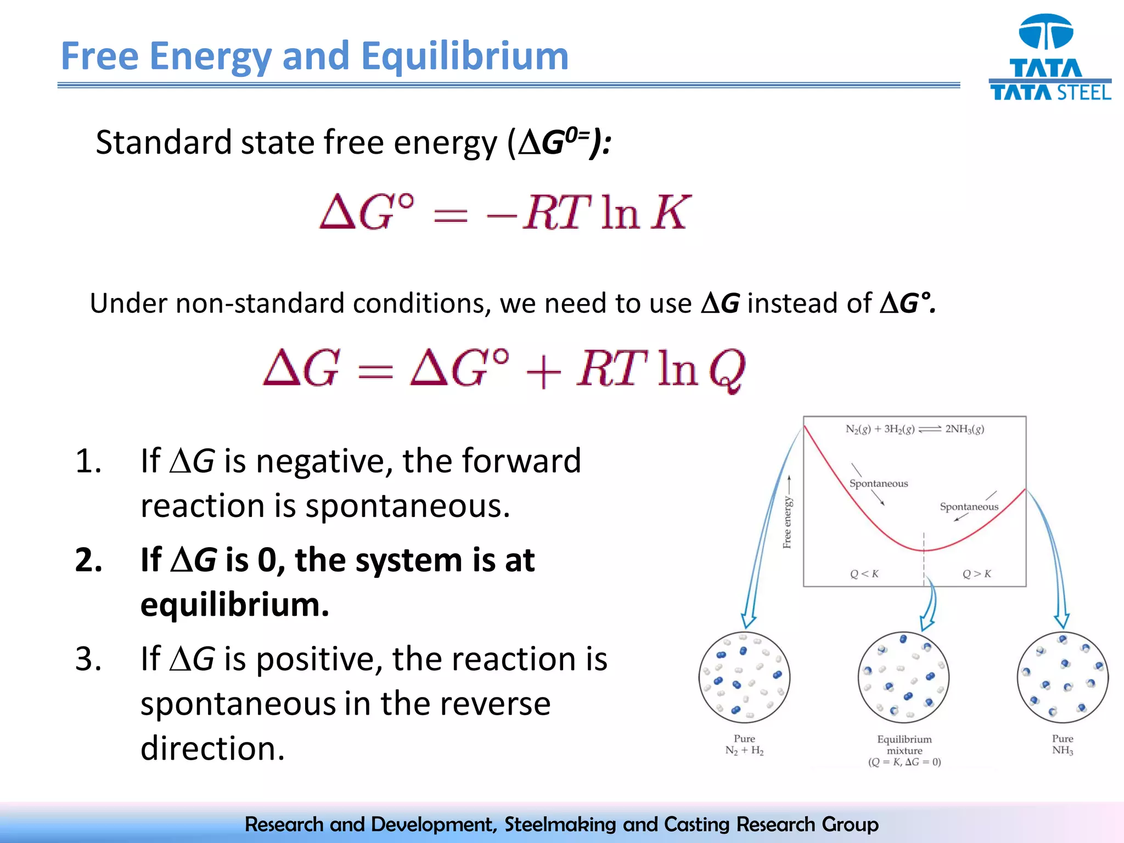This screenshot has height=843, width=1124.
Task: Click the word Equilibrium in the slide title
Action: click(464, 57)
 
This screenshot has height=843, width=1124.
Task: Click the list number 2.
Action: click(88, 560)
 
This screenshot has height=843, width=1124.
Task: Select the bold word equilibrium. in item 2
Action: click(234, 605)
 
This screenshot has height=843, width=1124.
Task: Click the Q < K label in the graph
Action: click(864, 574)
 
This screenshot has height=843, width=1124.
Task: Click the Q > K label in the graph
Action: click(976, 574)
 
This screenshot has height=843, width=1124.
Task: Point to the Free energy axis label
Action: click(787, 521)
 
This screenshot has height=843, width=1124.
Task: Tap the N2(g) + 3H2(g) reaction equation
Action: click(914, 429)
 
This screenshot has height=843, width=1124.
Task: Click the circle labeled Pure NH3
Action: click(1062, 677)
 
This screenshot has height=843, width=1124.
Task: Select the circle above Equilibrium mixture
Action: click(903, 677)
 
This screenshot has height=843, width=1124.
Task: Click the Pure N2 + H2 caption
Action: click(744, 745)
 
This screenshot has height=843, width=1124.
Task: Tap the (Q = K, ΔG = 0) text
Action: click(904, 762)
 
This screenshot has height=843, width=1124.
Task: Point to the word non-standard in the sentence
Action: click(260, 304)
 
